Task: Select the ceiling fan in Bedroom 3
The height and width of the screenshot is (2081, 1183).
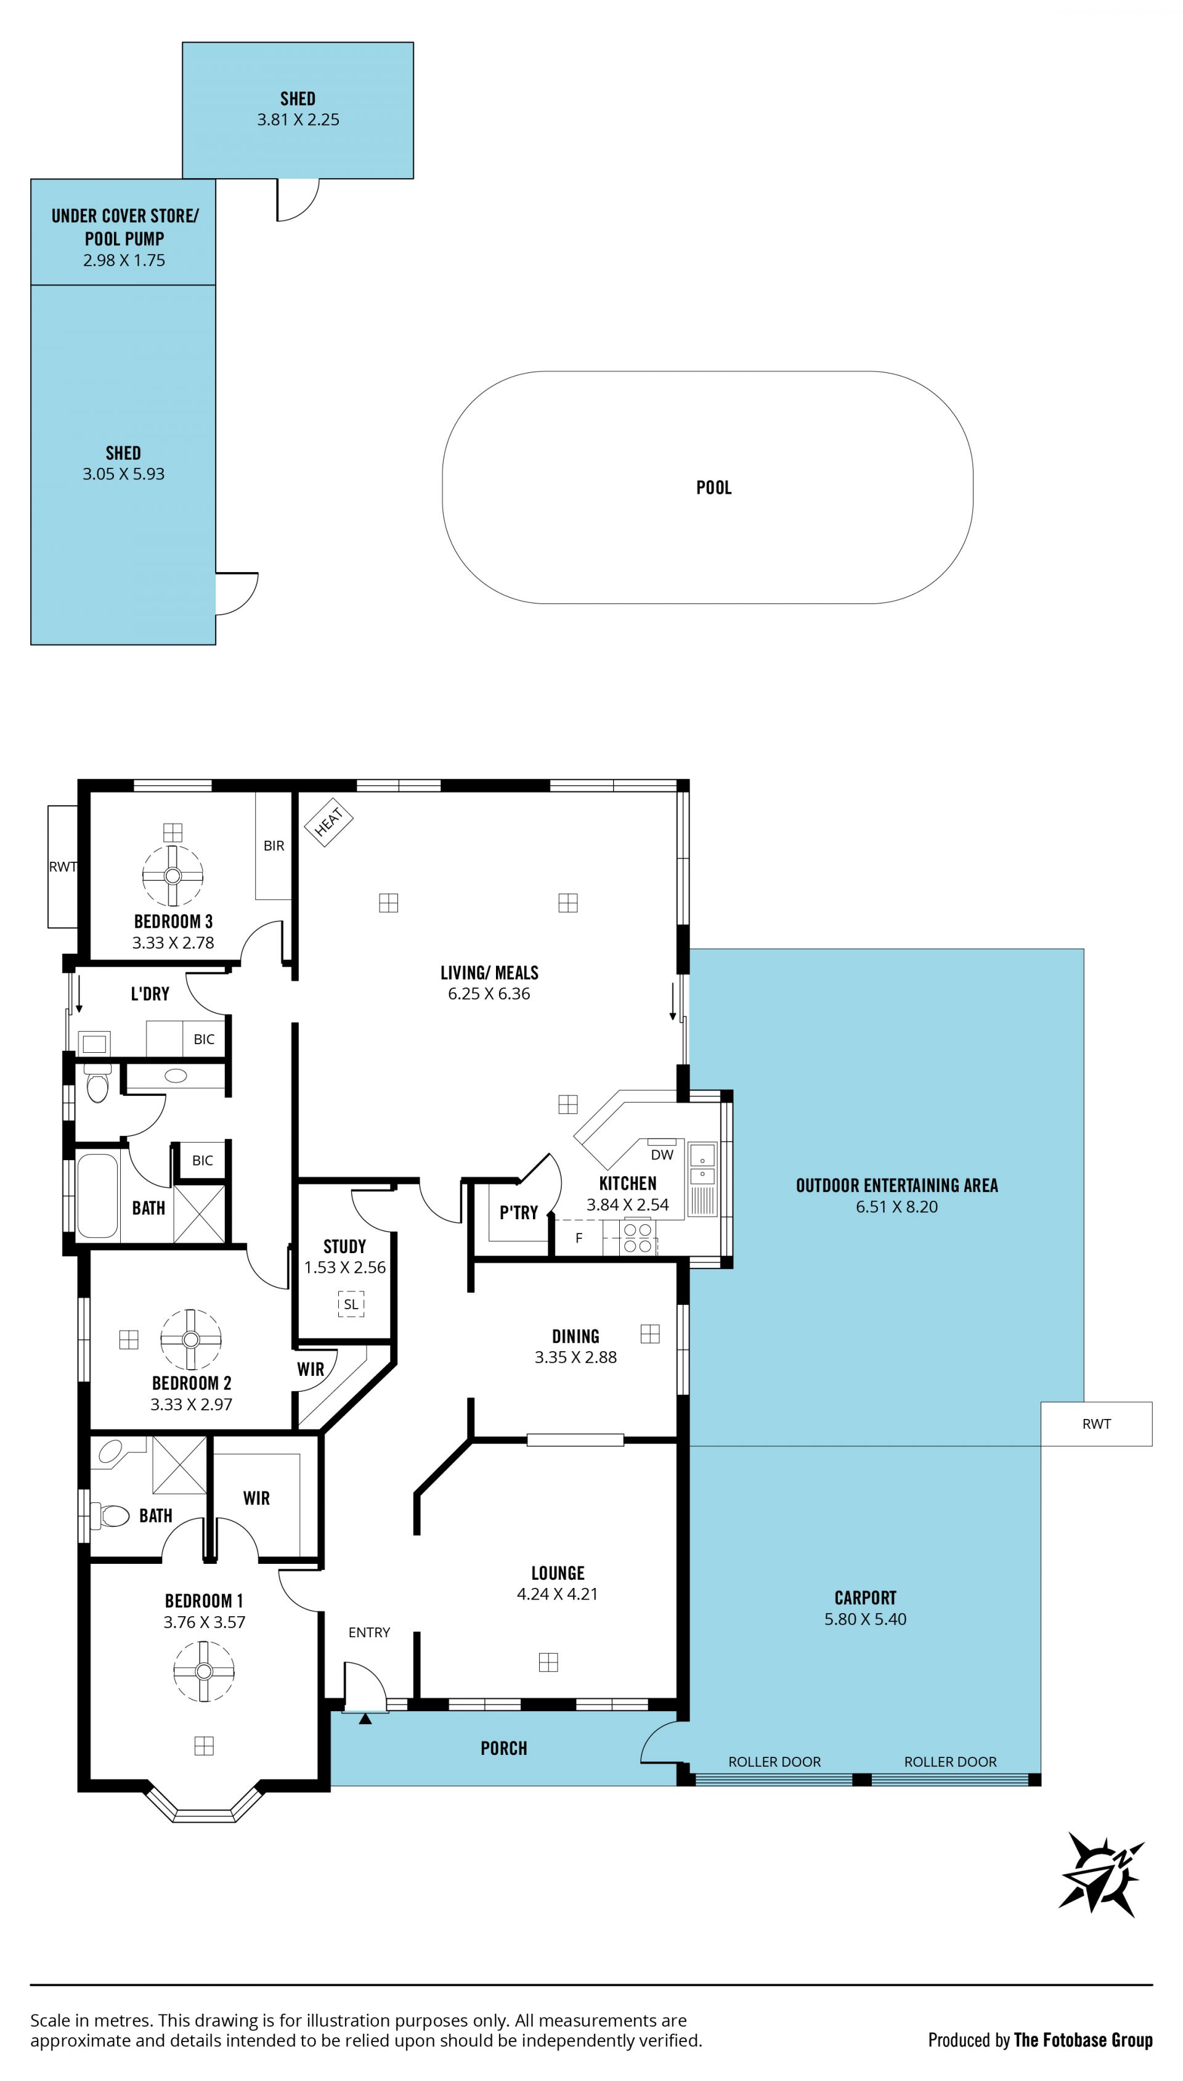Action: pyautogui.click(x=173, y=875)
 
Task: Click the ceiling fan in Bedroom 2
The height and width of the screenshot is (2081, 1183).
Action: pyautogui.click(x=191, y=1339)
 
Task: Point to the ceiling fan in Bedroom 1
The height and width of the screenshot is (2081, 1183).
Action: pyautogui.click(x=204, y=1670)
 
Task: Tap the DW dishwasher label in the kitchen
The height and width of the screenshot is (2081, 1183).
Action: pyautogui.click(x=662, y=1155)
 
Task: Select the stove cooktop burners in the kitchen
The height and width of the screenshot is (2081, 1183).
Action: pyautogui.click(x=638, y=1238)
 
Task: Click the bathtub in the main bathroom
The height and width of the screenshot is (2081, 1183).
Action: pyautogui.click(x=97, y=1195)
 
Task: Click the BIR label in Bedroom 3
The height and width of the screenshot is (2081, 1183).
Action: pyautogui.click(x=274, y=846)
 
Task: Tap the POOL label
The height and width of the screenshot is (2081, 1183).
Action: pyautogui.click(x=714, y=488)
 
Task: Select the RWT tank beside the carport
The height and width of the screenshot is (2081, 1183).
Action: pyautogui.click(x=1096, y=1424)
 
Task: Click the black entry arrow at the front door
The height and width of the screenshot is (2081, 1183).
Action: pyautogui.click(x=365, y=1719)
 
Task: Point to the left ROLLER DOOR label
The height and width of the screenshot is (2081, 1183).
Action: pyautogui.click(x=774, y=1762)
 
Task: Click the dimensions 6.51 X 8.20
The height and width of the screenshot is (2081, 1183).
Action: pyautogui.click(x=897, y=1207)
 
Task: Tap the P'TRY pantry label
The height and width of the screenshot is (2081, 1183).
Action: pyautogui.click(x=518, y=1212)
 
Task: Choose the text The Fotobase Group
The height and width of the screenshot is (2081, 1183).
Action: pyautogui.click(x=1083, y=2040)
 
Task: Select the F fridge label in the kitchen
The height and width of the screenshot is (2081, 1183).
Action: pyautogui.click(x=579, y=1238)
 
